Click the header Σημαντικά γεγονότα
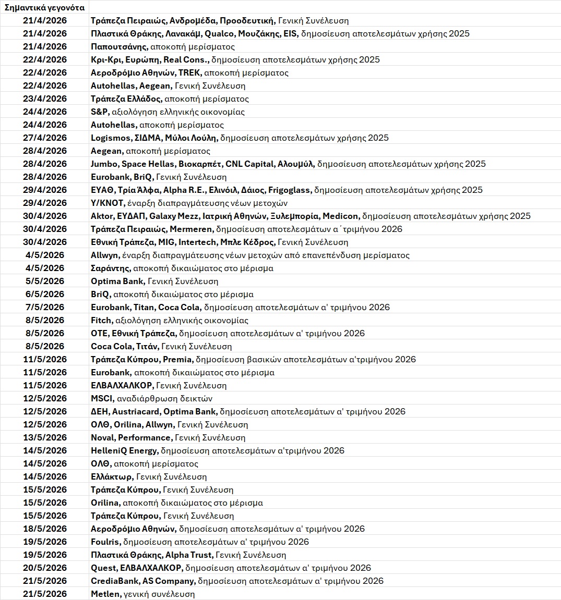click(x=44, y=7)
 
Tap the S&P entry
click(x=100, y=112)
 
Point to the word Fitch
click(x=101, y=321)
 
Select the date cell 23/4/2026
click(x=45, y=99)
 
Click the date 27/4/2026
click(x=45, y=138)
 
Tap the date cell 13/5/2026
click(x=45, y=438)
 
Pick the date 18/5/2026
click(x=45, y=529)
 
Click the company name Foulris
click(x=105, y=542)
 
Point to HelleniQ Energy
click(x=124, y=451)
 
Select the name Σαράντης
click(x=110, y=268)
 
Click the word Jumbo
click(x=104, y=164)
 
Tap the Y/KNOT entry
click(x=107, y=203)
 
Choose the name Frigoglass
click(x=289, y=190)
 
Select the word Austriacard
click(x=139, y=412)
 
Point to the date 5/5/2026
click(x=45, y=281)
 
